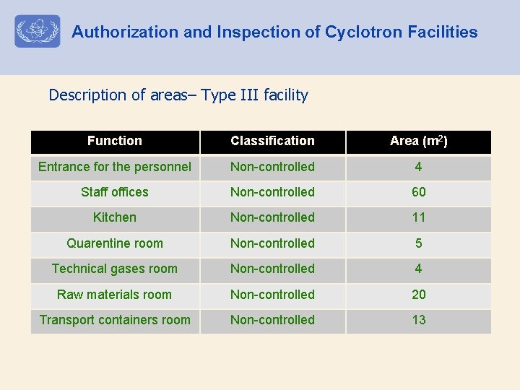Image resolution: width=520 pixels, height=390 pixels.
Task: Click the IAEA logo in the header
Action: click(38, 32)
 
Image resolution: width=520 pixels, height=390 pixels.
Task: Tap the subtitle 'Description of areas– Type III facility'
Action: click(178, 95)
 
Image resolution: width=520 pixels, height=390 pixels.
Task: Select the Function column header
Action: click(115, 141)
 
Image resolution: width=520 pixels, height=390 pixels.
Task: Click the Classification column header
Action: click(272, 141)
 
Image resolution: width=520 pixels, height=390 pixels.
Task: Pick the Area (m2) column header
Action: click(419, 141)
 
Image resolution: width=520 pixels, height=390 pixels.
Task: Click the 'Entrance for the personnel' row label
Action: click(115, 167)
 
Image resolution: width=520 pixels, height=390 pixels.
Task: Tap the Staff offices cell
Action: click(115, 192)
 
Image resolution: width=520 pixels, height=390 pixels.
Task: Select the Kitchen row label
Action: click(115, 217)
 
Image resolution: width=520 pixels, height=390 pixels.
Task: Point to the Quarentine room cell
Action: click(115, 243)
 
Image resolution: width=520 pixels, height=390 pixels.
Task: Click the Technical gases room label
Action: click(115, 269)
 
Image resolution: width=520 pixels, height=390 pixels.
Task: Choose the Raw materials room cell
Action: click(115, 295)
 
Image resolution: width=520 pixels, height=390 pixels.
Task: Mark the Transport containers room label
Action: click(115, 320)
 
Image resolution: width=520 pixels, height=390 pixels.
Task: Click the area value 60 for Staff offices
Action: click(419, 192)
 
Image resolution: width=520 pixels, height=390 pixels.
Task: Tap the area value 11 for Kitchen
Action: click(419, 217)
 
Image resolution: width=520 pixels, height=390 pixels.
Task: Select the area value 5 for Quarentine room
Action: click(419, 243)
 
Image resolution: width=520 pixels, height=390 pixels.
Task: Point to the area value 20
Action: click(419, 295)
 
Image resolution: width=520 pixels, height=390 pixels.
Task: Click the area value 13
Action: click(419, 320)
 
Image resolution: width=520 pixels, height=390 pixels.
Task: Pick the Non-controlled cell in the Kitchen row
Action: click(272, 217)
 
